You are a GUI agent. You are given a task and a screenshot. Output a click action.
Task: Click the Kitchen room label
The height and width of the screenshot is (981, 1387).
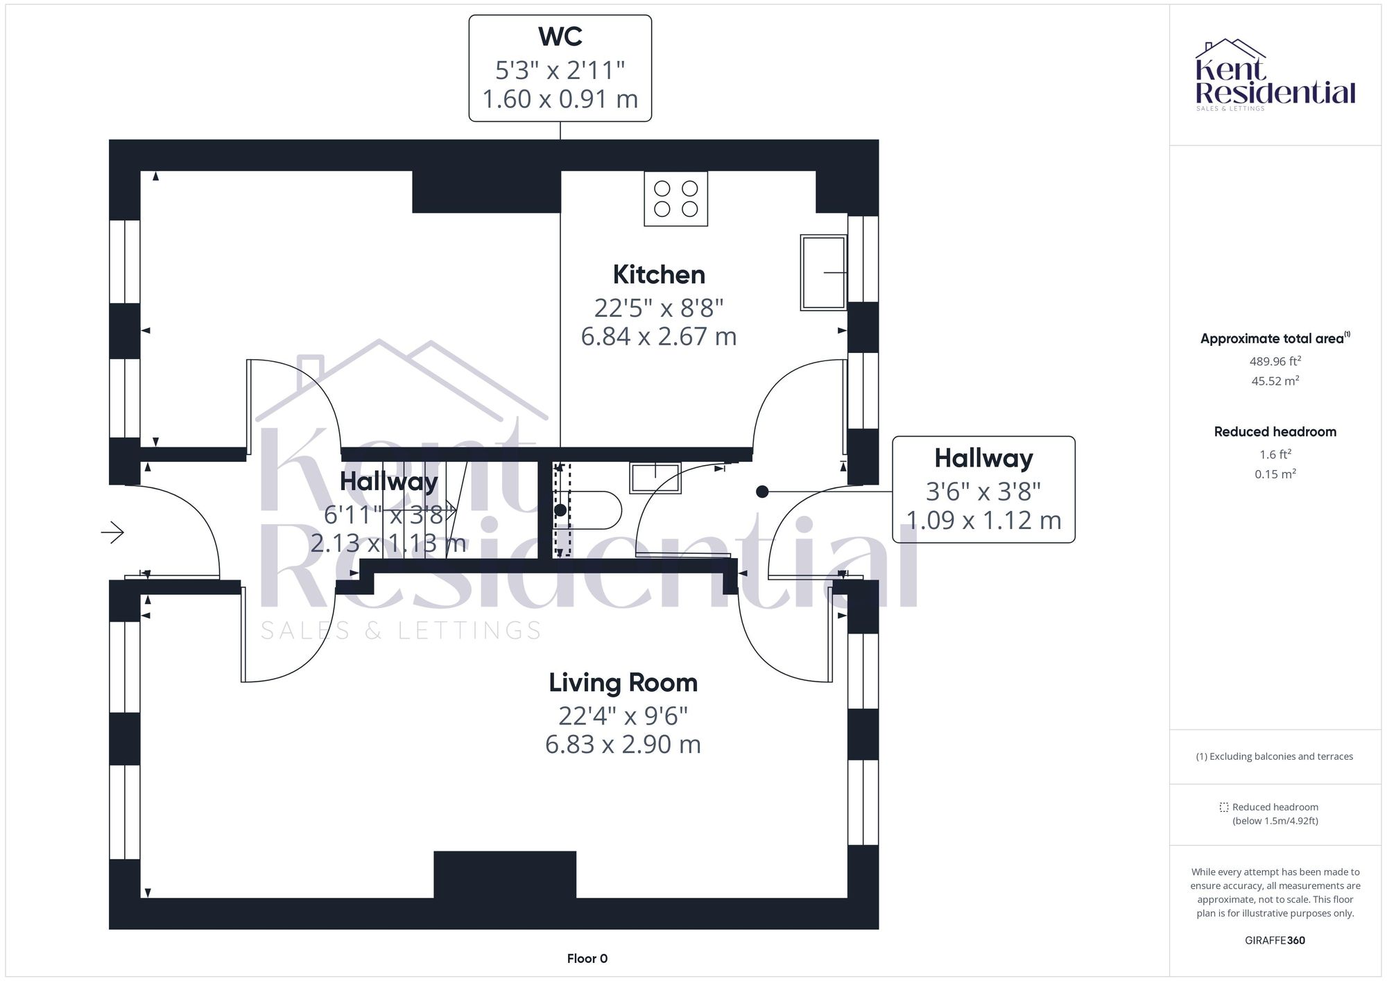point(659,275)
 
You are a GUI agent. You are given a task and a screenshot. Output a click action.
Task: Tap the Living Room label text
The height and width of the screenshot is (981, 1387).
point(623,683)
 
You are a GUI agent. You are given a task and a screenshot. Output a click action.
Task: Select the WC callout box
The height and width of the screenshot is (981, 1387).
point(560,69)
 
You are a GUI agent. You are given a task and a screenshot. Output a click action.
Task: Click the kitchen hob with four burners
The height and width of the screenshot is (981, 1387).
point(675,199)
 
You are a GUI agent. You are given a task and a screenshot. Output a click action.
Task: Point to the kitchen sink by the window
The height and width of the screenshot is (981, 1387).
point(823,272)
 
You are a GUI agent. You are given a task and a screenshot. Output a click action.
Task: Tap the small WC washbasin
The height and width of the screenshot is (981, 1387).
point(655,478)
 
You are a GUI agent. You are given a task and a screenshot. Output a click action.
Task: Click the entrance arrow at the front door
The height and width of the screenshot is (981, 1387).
point(113,532)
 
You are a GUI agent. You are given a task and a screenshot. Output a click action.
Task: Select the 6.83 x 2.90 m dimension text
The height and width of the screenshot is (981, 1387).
point(623,745)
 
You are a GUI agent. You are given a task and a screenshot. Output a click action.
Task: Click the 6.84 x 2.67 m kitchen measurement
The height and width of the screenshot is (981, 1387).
point(658,337)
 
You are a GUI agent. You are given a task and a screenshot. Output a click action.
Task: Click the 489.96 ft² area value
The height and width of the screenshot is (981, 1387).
point(1275,361)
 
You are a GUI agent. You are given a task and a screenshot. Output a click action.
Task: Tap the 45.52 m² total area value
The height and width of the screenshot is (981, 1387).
point(1275,381)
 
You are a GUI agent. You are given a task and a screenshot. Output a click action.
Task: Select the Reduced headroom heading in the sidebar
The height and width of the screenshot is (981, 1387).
point(1275,432)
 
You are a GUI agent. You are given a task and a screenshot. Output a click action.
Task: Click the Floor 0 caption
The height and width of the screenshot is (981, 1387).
point(587,959)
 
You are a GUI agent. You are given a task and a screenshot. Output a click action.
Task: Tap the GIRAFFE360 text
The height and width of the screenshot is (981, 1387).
point(1275,941)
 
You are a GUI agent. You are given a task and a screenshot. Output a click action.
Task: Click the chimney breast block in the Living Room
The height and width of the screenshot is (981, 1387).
point(505,874)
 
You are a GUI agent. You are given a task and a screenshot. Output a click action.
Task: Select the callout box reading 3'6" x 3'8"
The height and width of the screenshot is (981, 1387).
point(983,489)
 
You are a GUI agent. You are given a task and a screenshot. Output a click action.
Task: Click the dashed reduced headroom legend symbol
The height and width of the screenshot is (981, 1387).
point(1224,808)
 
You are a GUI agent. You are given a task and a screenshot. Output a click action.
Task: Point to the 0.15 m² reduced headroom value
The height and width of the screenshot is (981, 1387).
point(1275,474)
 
